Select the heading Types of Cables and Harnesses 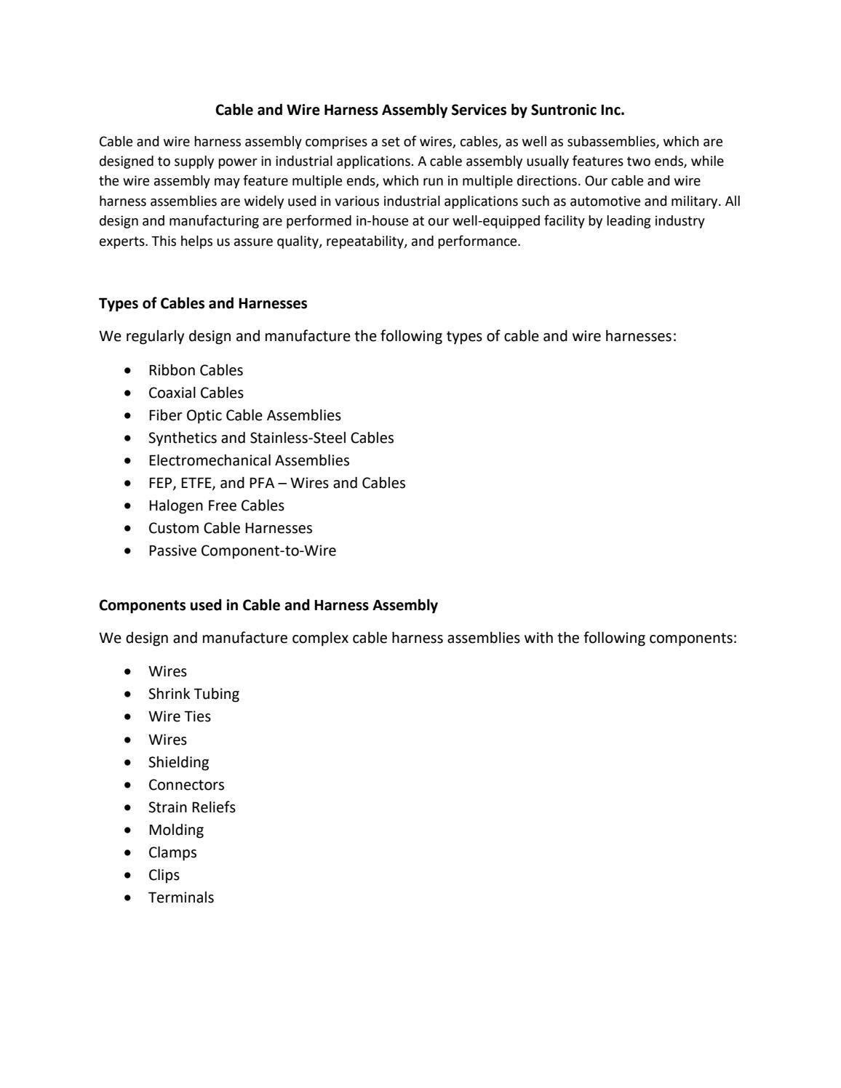203,303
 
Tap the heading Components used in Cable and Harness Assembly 268,605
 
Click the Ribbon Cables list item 196,370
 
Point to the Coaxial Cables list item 196,393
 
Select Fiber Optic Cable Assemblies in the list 244,415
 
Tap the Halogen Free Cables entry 216,505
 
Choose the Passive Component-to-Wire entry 242,551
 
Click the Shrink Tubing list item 194,694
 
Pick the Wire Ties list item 179,716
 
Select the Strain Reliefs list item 191,807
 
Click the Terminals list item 181,897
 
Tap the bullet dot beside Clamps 129,852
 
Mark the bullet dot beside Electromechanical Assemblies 129,460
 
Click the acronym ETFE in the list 196,483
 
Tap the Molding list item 176,830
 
